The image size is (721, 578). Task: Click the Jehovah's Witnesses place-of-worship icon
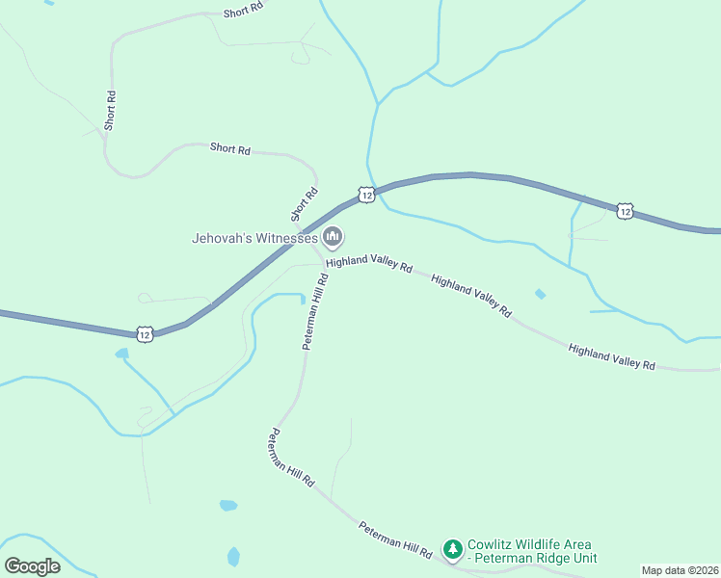click(333, 236)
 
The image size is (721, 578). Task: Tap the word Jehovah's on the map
click(226, 237)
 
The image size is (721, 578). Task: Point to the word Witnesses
click(288, 237)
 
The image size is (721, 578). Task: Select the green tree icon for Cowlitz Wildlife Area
click(452, 549)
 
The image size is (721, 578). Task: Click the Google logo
click(33, 565)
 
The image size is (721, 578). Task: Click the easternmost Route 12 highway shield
click(626, 210)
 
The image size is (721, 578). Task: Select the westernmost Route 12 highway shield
click(145, 334)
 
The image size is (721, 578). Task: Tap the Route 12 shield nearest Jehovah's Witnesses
click(366, 195)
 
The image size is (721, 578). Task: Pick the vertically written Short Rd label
click(111, 111)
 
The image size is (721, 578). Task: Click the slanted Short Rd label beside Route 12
click(304, 202)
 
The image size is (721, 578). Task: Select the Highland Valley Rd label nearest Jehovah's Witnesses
click(369, 264)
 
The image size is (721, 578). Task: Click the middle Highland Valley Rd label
click(471, 295)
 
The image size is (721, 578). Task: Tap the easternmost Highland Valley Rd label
click(612, 356)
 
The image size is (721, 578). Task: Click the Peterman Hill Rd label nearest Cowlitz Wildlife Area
click(395, 539)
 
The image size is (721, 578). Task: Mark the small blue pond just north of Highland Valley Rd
click(540, 294)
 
